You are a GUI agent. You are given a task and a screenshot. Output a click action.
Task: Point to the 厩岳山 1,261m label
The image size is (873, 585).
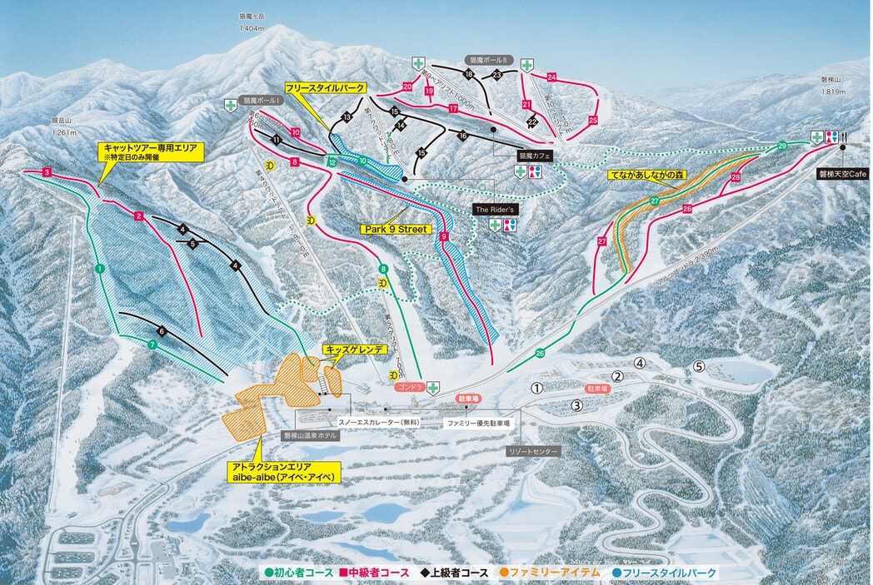63,126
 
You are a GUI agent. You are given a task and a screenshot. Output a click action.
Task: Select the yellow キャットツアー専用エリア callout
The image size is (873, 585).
149,151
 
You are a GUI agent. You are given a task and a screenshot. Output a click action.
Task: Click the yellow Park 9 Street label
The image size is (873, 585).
396,229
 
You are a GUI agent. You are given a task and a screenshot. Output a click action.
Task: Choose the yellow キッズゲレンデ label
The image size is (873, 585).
355,350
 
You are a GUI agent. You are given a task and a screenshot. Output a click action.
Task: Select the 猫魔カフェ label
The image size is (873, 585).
535,155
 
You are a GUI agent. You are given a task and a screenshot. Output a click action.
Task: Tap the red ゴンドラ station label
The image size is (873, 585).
411,387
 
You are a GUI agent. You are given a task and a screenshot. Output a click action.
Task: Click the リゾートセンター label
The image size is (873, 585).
534,450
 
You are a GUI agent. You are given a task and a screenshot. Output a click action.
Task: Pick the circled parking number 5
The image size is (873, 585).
699,366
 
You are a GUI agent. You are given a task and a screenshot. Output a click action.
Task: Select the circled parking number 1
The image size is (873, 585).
537,388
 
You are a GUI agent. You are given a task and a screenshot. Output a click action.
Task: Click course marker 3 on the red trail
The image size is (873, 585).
47,172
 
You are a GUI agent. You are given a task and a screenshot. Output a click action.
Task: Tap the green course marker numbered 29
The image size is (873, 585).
782,146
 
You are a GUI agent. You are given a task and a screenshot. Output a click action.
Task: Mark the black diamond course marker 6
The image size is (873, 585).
162,332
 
